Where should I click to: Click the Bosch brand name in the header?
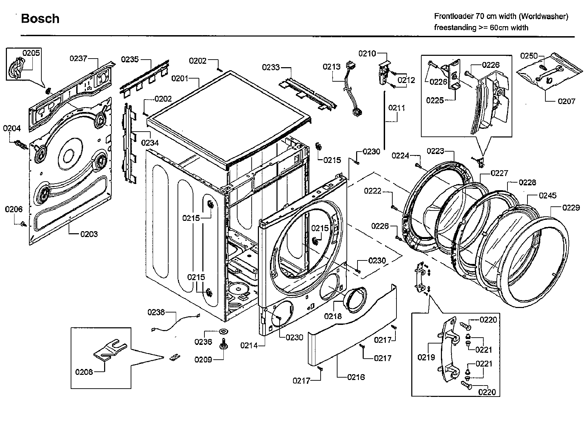tap(40, 19)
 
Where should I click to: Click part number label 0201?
tap(180, 79)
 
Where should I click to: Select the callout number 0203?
tap(89, 234)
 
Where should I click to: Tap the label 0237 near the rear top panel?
tap(78, 59)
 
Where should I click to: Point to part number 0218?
tap(333, 316)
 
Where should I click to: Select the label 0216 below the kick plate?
tap(356, 377)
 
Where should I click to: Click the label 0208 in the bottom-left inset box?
tap(84, 372)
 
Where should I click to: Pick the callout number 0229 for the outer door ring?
tap(571, 208)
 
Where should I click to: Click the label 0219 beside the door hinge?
tap(426, 358)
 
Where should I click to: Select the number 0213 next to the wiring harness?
tap(331, 66)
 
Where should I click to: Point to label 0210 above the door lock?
tap(367, 53)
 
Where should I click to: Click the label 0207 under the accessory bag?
tap(566, 101)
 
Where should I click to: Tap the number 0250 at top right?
tap(529, 56)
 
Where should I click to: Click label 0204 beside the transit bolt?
tap(12, 129)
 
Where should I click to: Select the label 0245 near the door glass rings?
tap(547, 196)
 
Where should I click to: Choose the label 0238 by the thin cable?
tap(156, 312)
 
